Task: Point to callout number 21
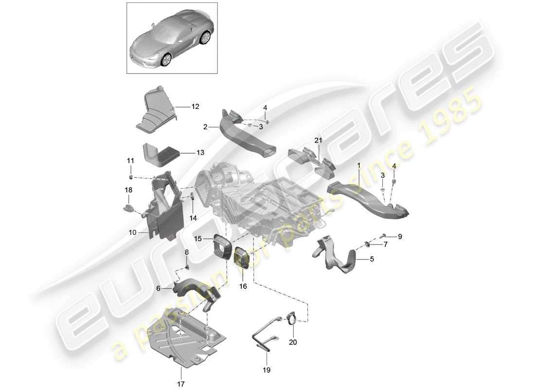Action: (318, 141)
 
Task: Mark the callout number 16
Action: (243, 286)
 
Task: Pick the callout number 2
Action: (205, 126)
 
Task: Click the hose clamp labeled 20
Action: (292, 319)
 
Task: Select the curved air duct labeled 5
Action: (340, 260)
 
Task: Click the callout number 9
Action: (400, 237)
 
